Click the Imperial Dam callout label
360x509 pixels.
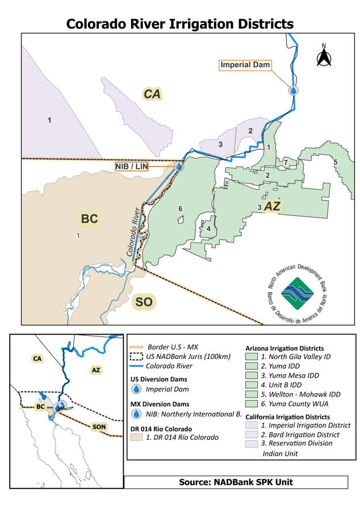pos(245,65)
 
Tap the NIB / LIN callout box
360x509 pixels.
pos(132,166)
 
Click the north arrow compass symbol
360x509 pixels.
pos(324,56)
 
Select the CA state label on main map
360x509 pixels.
pos(152,94)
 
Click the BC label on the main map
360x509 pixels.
pos(89,219)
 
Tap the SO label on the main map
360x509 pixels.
pos(144,302)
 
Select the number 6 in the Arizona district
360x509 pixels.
pos(180,209)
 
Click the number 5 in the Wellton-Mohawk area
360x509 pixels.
pos(335,162)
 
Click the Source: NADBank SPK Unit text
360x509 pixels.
pos(236,482)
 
